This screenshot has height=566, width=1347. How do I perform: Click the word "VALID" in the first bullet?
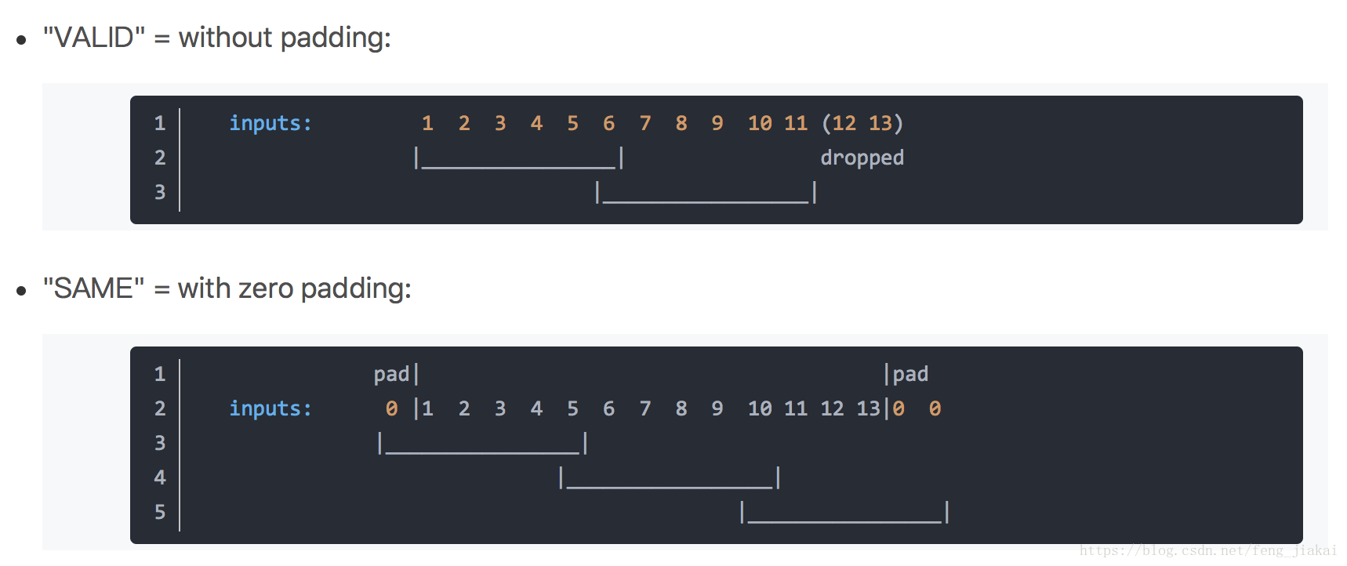point(93,38)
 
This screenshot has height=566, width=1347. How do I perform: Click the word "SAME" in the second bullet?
point(93,288)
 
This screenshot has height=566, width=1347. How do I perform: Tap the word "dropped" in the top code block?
point(862,158)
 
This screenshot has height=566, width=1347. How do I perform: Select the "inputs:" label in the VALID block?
point(270,123)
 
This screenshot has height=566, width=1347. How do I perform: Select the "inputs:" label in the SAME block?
point(270,408)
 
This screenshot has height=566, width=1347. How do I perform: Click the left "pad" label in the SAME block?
point(391,374)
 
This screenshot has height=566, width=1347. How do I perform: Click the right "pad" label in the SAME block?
point(910,374)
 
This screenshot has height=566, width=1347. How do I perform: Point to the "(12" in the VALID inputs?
point(839,123)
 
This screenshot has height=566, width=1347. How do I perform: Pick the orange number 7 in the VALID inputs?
point(645,123)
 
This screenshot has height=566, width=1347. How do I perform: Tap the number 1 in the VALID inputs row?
point(427,123)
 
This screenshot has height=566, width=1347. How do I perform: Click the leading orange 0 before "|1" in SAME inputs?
point(391,408)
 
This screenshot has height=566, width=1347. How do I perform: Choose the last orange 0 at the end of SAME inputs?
point(935,408)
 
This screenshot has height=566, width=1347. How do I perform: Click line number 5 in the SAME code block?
point(160,512)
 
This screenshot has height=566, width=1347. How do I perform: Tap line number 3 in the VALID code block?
point(160,192)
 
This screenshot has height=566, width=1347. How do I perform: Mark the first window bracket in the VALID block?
point(519,160)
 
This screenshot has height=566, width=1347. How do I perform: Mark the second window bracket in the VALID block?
point(706,194)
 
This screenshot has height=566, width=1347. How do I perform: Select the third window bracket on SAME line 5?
point(844,514)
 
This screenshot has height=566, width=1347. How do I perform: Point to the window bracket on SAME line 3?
point(482,445)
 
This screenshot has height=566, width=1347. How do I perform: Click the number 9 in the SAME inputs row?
point(717,408)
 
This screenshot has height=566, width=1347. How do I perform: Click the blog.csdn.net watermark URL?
point(1207,550)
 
